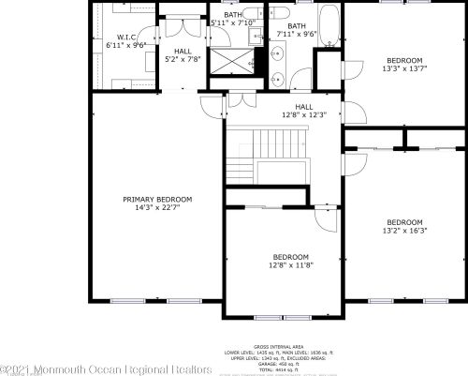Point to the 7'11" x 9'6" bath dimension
pyautogui.click(x=297, y=34)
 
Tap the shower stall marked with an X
pyautogui.click(x=229, y=61)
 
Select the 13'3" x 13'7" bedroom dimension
pyautogui.click(x=404, y=68)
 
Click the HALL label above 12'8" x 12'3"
pyautogui.click(x=304, y=107)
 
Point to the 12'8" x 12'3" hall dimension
pyautogui.click(x=304, y=114)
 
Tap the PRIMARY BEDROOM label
pyautogui.click(x=157, y=199)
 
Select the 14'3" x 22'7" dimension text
pyautogui.click(x=157, y=206)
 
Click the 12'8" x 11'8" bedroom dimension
pyautogui.click(x=290, y=264)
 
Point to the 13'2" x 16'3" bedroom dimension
pyautogui.click(x=405, y=230)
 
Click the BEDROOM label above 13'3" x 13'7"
pyautogui.click(x=404, y=60)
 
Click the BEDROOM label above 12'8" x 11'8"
pyautogui.click(x=290, y=257)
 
